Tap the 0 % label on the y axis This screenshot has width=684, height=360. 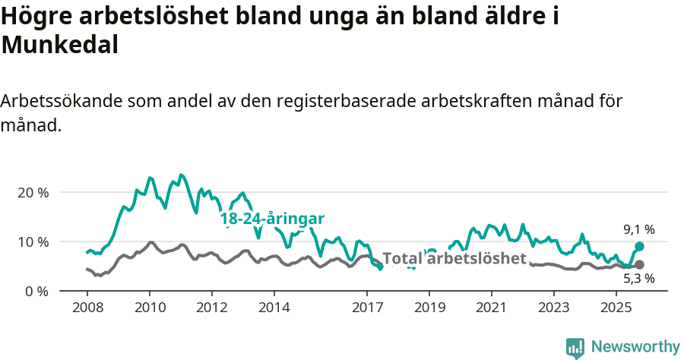[37, 291]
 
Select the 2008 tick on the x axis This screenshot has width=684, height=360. [87, 308]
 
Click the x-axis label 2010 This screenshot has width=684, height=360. [150, 308]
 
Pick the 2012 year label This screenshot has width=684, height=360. [212, 308]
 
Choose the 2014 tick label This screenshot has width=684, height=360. [274, 308]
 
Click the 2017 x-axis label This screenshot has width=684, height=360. [368, 308]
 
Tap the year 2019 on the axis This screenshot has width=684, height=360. [429, 308]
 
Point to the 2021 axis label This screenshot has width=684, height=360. [492, 308]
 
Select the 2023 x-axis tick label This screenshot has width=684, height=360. [554, 308]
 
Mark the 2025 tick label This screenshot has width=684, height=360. [616, 308]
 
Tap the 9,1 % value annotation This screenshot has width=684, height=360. [639, 229]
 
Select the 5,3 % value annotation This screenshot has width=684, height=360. [639, 279]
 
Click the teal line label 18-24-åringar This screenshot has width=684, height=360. [272, 219]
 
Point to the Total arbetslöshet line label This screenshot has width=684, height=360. [454, 258]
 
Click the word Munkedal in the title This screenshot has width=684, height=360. [60, 45]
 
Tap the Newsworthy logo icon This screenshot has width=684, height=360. [575, 347]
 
